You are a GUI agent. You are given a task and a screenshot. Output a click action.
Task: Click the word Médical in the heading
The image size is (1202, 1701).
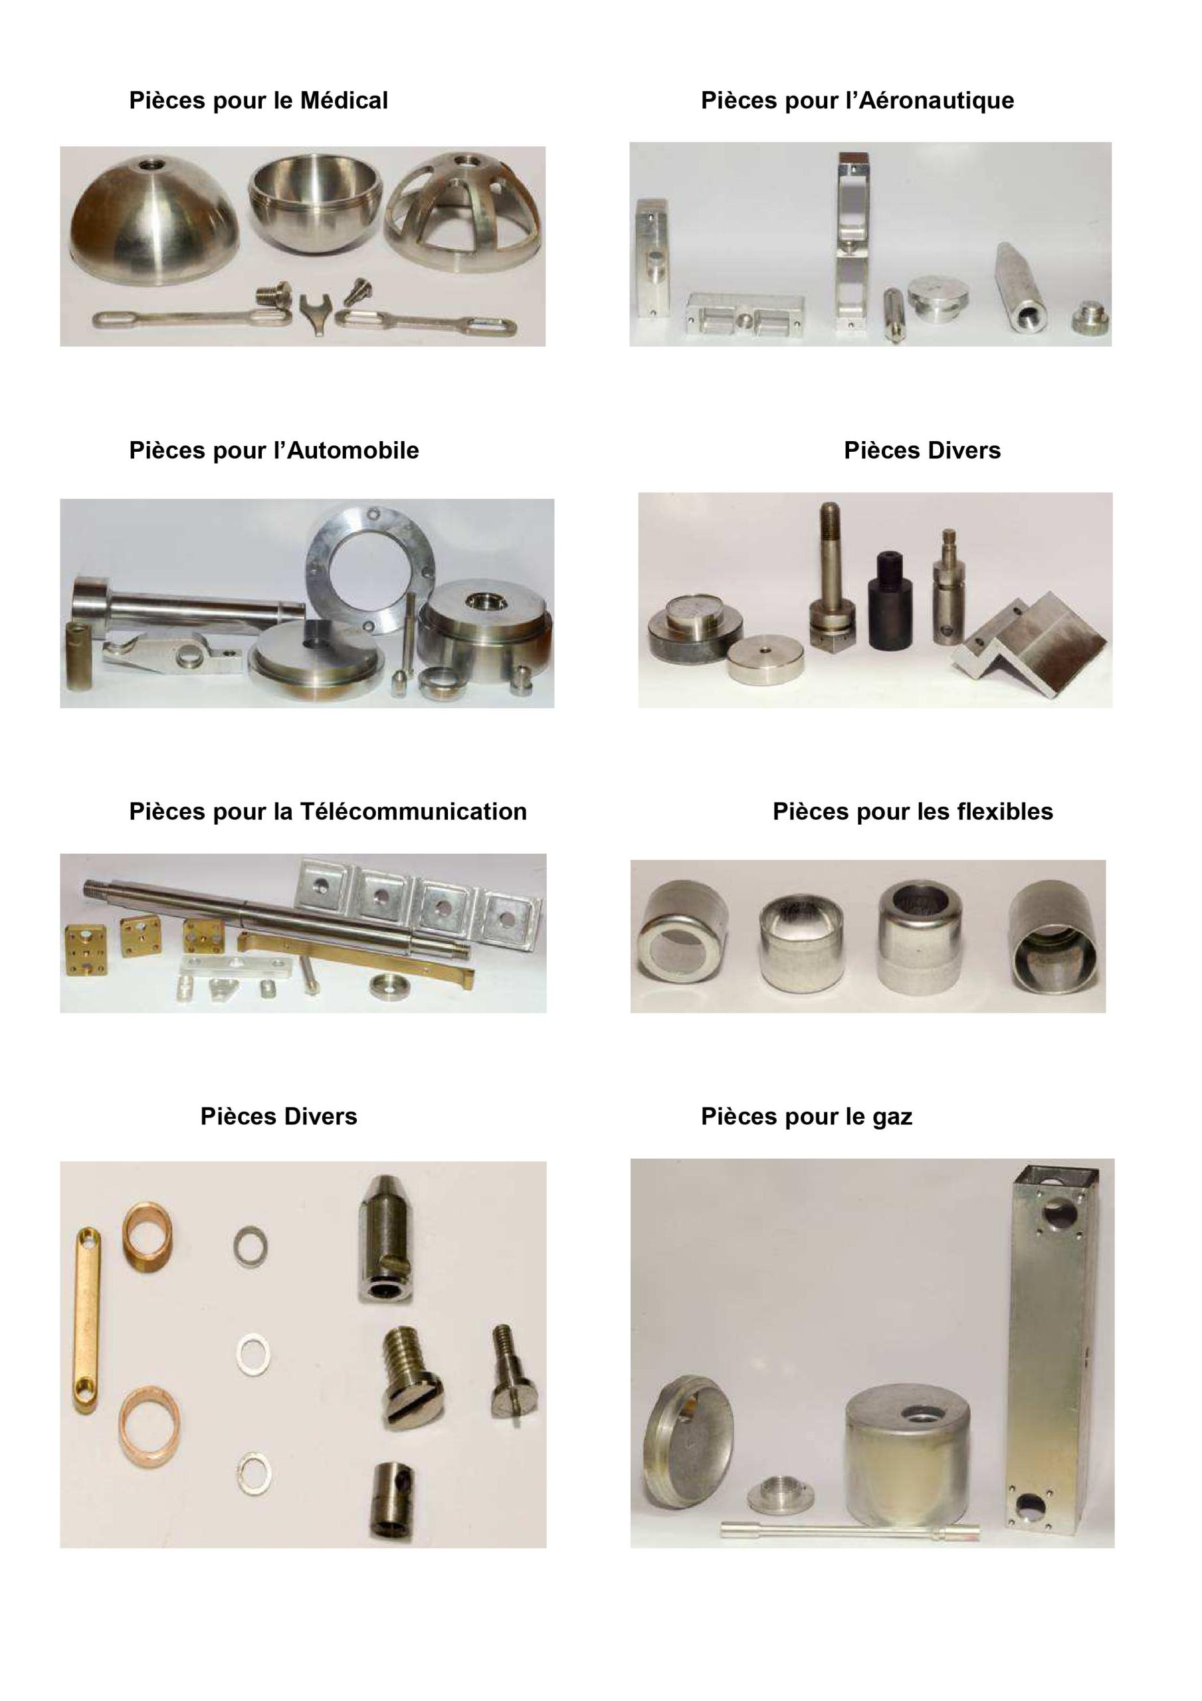[343, 101]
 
